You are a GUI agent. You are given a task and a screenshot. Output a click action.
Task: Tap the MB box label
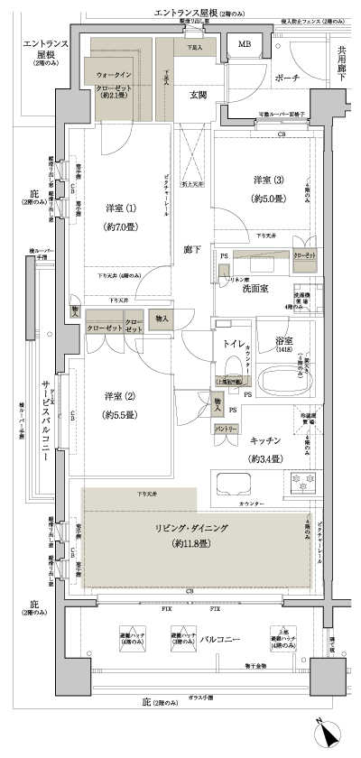(x=245, y=44)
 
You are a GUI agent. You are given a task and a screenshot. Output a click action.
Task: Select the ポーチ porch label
(x=288, y=77)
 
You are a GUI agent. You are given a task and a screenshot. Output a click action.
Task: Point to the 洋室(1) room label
(x=115, y=205)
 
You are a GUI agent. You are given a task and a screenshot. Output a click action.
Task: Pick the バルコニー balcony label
(x=219, y=639)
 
